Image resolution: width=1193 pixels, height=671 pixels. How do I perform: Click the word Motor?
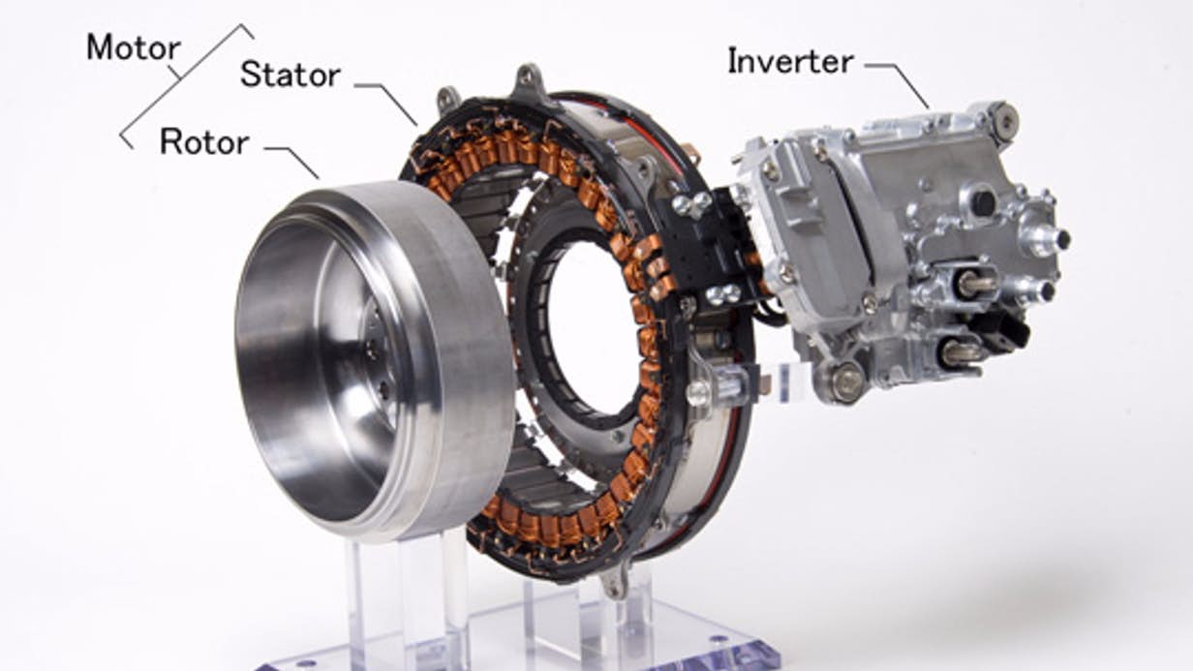134,48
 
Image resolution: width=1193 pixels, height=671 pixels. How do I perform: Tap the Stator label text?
291,75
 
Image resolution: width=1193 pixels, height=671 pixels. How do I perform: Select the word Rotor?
204,142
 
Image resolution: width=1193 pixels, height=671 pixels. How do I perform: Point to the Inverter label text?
790,61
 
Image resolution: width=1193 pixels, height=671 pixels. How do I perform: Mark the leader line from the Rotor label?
292,160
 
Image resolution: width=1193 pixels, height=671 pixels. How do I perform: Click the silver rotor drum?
373,362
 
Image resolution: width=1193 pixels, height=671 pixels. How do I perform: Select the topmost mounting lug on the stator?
529,82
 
